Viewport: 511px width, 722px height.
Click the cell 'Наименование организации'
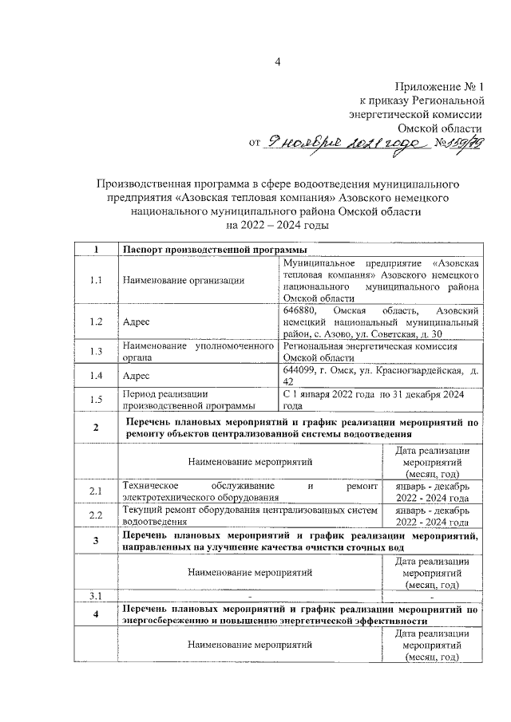click(x=183, y=279)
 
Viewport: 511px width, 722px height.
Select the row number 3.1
click(x=95, y=596)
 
